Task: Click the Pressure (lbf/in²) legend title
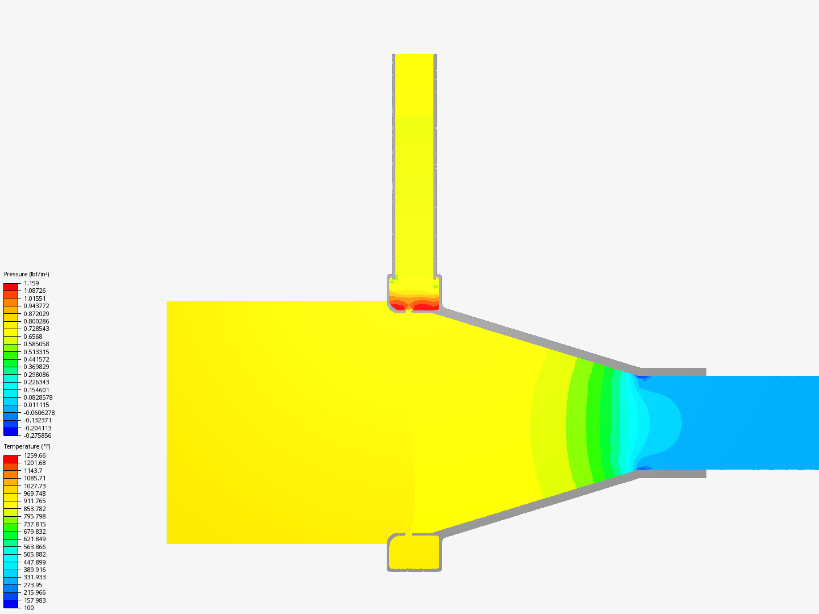pyautogui.click(x=27, y=274)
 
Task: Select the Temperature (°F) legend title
pyautogui.click(x=27, y=446)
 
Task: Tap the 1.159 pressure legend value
pyautogui.click(x=31, y=283)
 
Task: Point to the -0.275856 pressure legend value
pyautogui.click(x=38, y=435)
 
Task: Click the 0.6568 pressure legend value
pyautogui.click(x=33, y=336)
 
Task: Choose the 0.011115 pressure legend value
pyautogui.click(x=36, y=405)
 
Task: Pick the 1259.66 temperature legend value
pyautogui.click(x=35, y=455)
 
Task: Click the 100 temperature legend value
pyautogui.click(x=29, y=608)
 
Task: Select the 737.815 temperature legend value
pyautogui.click(x=35, y=524)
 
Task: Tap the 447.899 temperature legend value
pyautogui.click(x=35, y=562)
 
